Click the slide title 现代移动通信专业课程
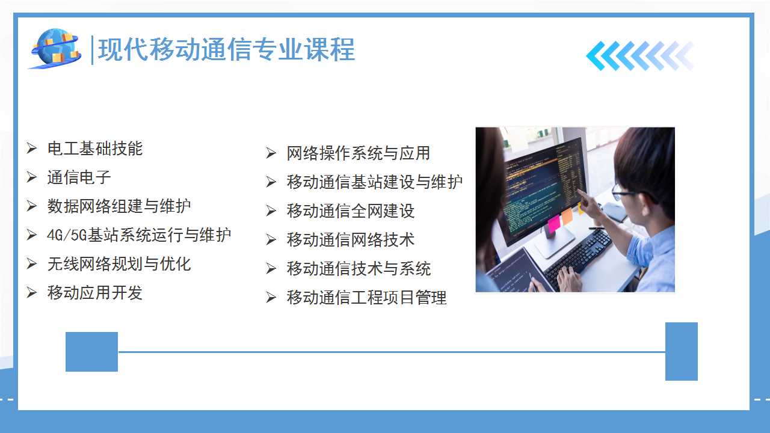[x=226, y=49]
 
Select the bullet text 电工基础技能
[x=95, y=149]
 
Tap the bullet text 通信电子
[x=79, y=177]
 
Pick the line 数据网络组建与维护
[x=119, y=206]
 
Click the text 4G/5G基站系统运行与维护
[x=139, y=235]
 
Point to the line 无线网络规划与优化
[x=119, y=264]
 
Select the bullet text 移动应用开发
[x=95, y=293]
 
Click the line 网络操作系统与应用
[x=359, y=153]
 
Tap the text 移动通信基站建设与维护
[x=375, y=182]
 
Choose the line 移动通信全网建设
[x=351, y=210]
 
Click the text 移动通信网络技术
[x=351, y=239]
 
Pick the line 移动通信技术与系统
[x=359, y=268]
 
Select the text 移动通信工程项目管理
[x=367, y=297]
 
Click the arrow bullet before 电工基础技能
[x=32, y=148]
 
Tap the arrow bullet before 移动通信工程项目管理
[x=271, y=297]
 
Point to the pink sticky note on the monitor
[x=554, y=224]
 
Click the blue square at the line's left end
[x=92, y=352]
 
